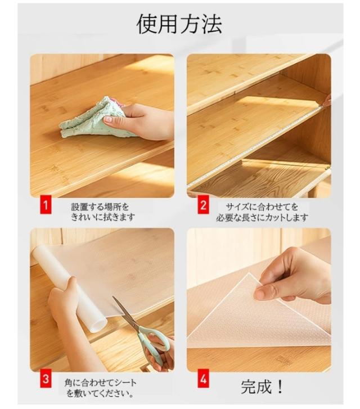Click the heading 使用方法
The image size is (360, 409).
tap(179, 24)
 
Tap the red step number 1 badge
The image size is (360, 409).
tap(46, 206)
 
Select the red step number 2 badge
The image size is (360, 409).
tap(203, 206)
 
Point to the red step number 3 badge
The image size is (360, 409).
tap(46, 379)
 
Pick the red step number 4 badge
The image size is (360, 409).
tap(203, 379)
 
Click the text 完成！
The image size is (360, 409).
tap(262, 387)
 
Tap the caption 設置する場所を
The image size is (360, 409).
tap(100, 207)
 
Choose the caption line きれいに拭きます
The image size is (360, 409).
tap(103, 217)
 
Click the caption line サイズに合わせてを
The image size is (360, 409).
tap(262, 207)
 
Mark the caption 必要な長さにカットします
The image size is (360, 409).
tap(262, 217)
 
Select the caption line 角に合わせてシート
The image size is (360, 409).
tap(101, 383)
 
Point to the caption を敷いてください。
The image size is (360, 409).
tap(101, 393)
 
